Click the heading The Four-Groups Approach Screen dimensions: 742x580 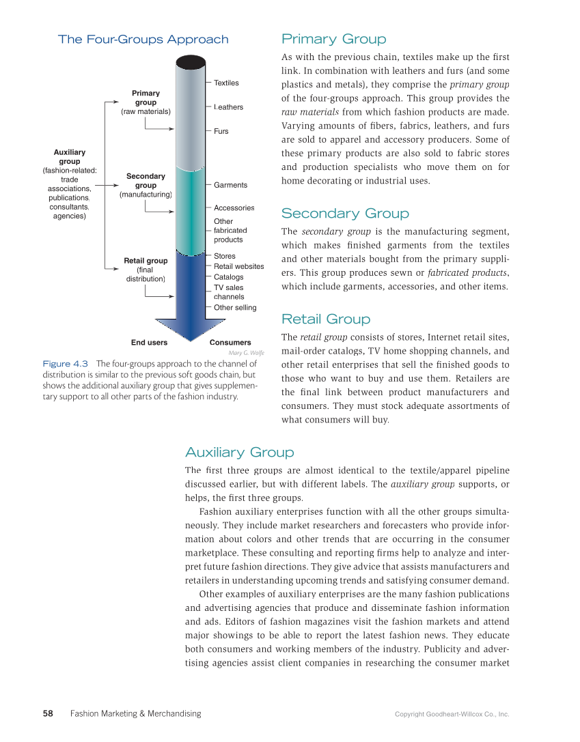point(143,40)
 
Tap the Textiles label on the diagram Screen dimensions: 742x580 point(226,83)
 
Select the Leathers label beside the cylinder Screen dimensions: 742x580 point(228,107)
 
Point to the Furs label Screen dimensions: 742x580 point(221,131)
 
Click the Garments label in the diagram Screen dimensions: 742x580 point(230,185)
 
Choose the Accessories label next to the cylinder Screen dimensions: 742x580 point(234,208)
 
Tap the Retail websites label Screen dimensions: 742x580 point(238,267)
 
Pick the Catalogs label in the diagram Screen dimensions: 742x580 point(228,277)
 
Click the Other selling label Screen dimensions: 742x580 point(235,308)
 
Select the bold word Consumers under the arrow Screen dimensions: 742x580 point(230,343)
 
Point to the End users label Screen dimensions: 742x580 point(149,343)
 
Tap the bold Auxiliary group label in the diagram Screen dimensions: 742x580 point(70,157)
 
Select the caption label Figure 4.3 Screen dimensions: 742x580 point(66,364)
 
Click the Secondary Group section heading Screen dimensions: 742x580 point(345,214)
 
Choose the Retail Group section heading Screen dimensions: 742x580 point(326,319)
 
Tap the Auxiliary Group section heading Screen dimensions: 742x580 point(240,453)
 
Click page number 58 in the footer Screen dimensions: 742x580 point(48,714)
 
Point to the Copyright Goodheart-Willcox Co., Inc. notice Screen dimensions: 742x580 point(452,715)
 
